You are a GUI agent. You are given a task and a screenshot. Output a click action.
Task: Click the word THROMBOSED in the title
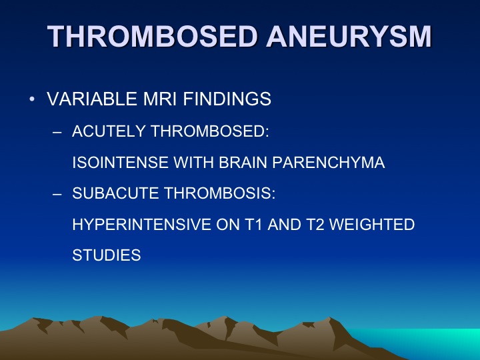152,37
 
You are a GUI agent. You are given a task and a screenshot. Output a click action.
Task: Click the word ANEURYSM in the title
349,37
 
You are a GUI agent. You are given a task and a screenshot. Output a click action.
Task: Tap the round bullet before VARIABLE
32,99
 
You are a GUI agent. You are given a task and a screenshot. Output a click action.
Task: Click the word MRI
161,99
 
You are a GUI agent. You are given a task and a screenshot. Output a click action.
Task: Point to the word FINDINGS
227,99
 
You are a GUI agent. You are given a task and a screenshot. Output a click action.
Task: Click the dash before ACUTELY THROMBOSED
57,132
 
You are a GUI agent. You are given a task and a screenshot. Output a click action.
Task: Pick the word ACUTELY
109,131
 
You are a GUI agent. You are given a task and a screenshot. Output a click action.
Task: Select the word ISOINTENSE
120,162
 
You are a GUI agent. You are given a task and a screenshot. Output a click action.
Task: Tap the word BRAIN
243,162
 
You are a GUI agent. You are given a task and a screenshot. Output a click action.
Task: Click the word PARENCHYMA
329,162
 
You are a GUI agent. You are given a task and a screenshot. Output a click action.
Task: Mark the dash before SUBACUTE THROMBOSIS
57,194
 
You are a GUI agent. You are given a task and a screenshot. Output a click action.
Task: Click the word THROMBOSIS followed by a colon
219,193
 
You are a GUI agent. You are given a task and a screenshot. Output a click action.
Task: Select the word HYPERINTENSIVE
141,225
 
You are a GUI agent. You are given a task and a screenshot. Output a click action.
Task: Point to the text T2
315,225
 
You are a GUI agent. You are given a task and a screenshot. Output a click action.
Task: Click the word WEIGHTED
372,225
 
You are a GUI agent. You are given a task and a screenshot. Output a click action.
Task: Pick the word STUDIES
107,255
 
